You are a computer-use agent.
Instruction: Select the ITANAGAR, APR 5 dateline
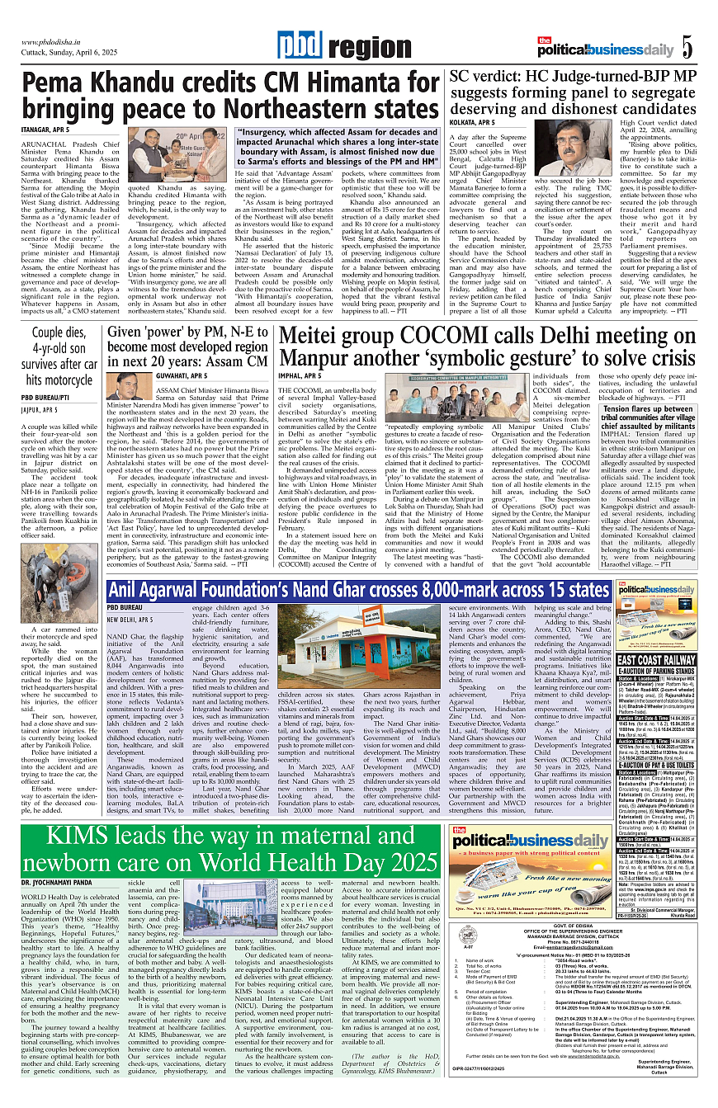pos(45,130)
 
